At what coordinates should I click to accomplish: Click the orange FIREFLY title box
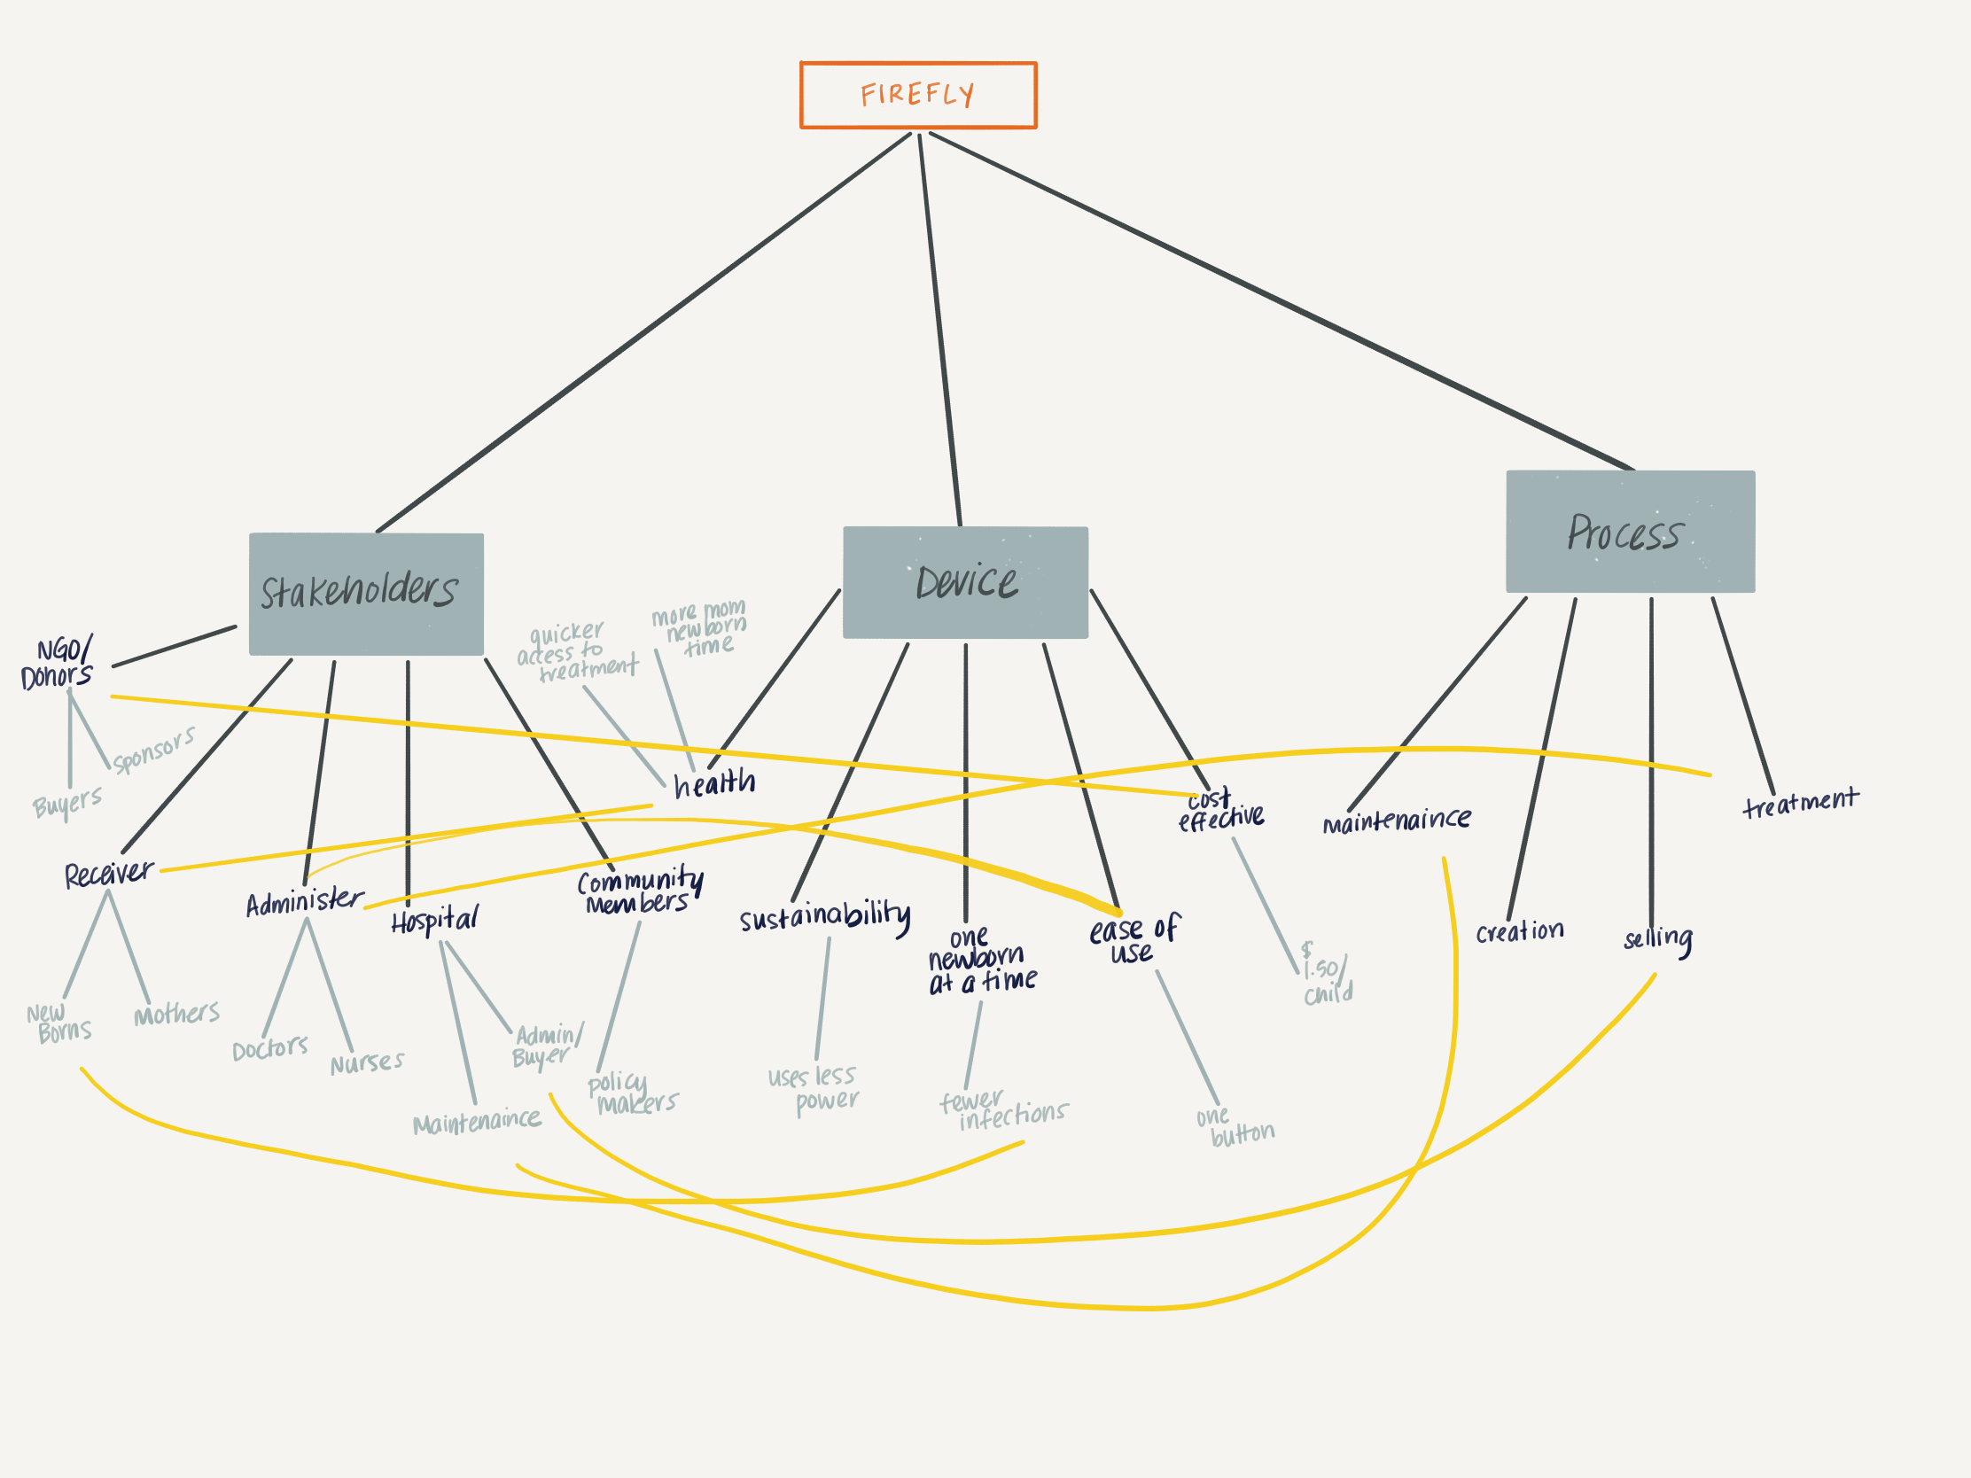pyautogui.click(x=918, y=96)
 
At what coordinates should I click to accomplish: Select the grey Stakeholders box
pyautogui.click(x=365, y=595)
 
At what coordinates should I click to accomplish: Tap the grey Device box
pyautogui.click(x=965, y=583)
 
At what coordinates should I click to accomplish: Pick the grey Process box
pyautogui.click(x=1630, y=532)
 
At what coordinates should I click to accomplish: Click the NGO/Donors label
pyautogui.click(x=57, y=664)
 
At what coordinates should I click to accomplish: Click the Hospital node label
pyautogui.click(x=434, y=920)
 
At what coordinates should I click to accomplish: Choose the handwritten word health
pyautogui.click(x=713, y=783)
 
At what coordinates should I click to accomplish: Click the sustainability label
pyautogui.click(x=825, y=916)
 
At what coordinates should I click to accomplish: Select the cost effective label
pyautogui.click(x=1219, y=810)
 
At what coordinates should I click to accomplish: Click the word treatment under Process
pyautogui.click(x=1800, y=802)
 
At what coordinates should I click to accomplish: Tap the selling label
pyautogui.click(x=1657, y=939)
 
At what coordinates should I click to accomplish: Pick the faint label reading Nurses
pyautogui.click(x=366, y=1062)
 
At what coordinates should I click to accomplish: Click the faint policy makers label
pyautogui.click(x=631, y=1094)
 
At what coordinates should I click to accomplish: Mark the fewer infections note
pyautogui.click(x=1002, y=1110)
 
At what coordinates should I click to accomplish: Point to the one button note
pyautogui.click(x=1235, y=1128)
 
